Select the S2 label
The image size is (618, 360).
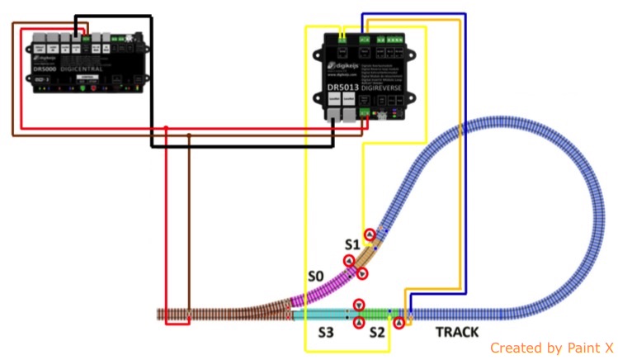pos(377,332)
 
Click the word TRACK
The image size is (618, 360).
pos(457,332)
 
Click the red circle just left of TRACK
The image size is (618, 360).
pos(399,322)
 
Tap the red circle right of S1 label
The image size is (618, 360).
pos(370,235)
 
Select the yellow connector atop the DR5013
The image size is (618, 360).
pos(342,37)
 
